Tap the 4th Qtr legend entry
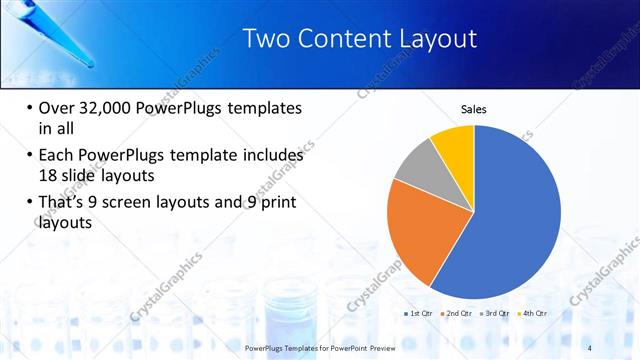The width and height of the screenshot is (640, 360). pos(535,313)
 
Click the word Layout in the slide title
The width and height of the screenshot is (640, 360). pos(433,39)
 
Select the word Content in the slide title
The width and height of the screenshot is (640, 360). pos(338,39)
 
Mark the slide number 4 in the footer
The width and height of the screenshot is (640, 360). pos(589,348)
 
